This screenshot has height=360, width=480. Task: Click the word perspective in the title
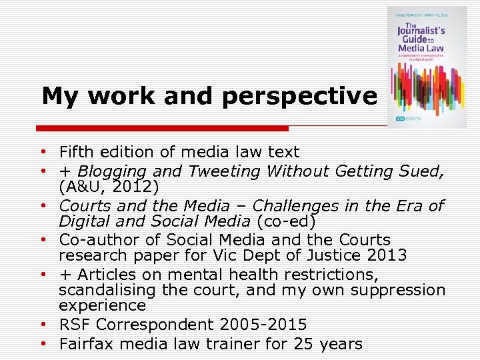pyautogui.click(x=299, y=97)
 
